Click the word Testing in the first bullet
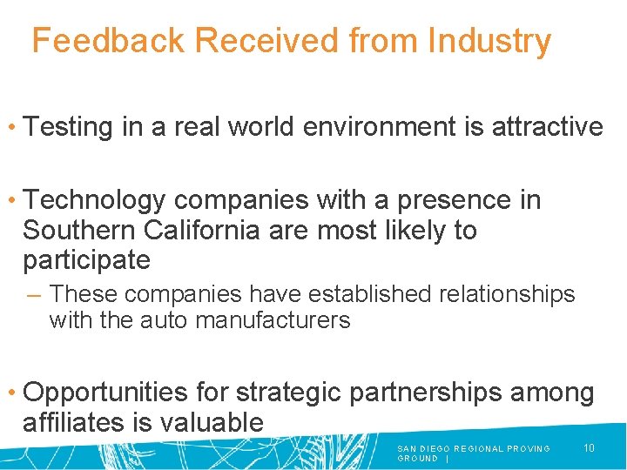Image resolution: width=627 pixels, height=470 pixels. tap(70, 127)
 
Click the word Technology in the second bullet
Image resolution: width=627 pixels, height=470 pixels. tap(94, 200)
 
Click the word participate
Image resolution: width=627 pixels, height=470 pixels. tap(86, 259)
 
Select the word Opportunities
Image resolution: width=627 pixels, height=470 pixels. tap(105, 393)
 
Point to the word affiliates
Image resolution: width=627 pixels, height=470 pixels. tap(77, 423)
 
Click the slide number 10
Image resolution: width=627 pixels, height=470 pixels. tap(589, 448)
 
